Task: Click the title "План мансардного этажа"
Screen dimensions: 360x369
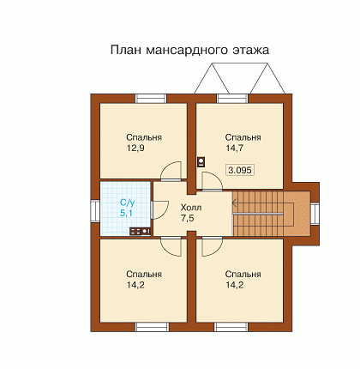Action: point(189,50)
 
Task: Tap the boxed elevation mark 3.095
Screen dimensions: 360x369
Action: point(240,170)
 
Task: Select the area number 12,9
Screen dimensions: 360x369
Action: point(135,148)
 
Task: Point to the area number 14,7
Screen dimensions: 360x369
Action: point(234,148)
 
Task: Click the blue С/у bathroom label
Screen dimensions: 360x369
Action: point(127,203)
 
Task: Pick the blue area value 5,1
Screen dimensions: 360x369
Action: point(126,213)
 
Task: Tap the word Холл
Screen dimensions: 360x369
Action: point(191,207)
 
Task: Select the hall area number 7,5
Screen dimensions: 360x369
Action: point(187,218)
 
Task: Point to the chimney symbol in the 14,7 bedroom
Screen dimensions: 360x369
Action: point(201,161)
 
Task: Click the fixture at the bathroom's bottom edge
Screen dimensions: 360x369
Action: point(140,231)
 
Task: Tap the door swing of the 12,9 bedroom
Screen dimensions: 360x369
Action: point(171,171)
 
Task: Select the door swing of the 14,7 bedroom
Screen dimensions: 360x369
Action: point(212,181)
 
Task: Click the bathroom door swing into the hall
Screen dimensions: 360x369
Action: point(160,210)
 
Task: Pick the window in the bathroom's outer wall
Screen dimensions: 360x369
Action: point(95,211)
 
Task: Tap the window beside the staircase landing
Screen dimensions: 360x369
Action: point(315,214)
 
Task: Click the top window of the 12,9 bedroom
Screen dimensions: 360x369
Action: point(151,99)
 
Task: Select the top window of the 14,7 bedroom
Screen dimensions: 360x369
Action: point(232,99)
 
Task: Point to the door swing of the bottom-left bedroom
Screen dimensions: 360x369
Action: point(171,247)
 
